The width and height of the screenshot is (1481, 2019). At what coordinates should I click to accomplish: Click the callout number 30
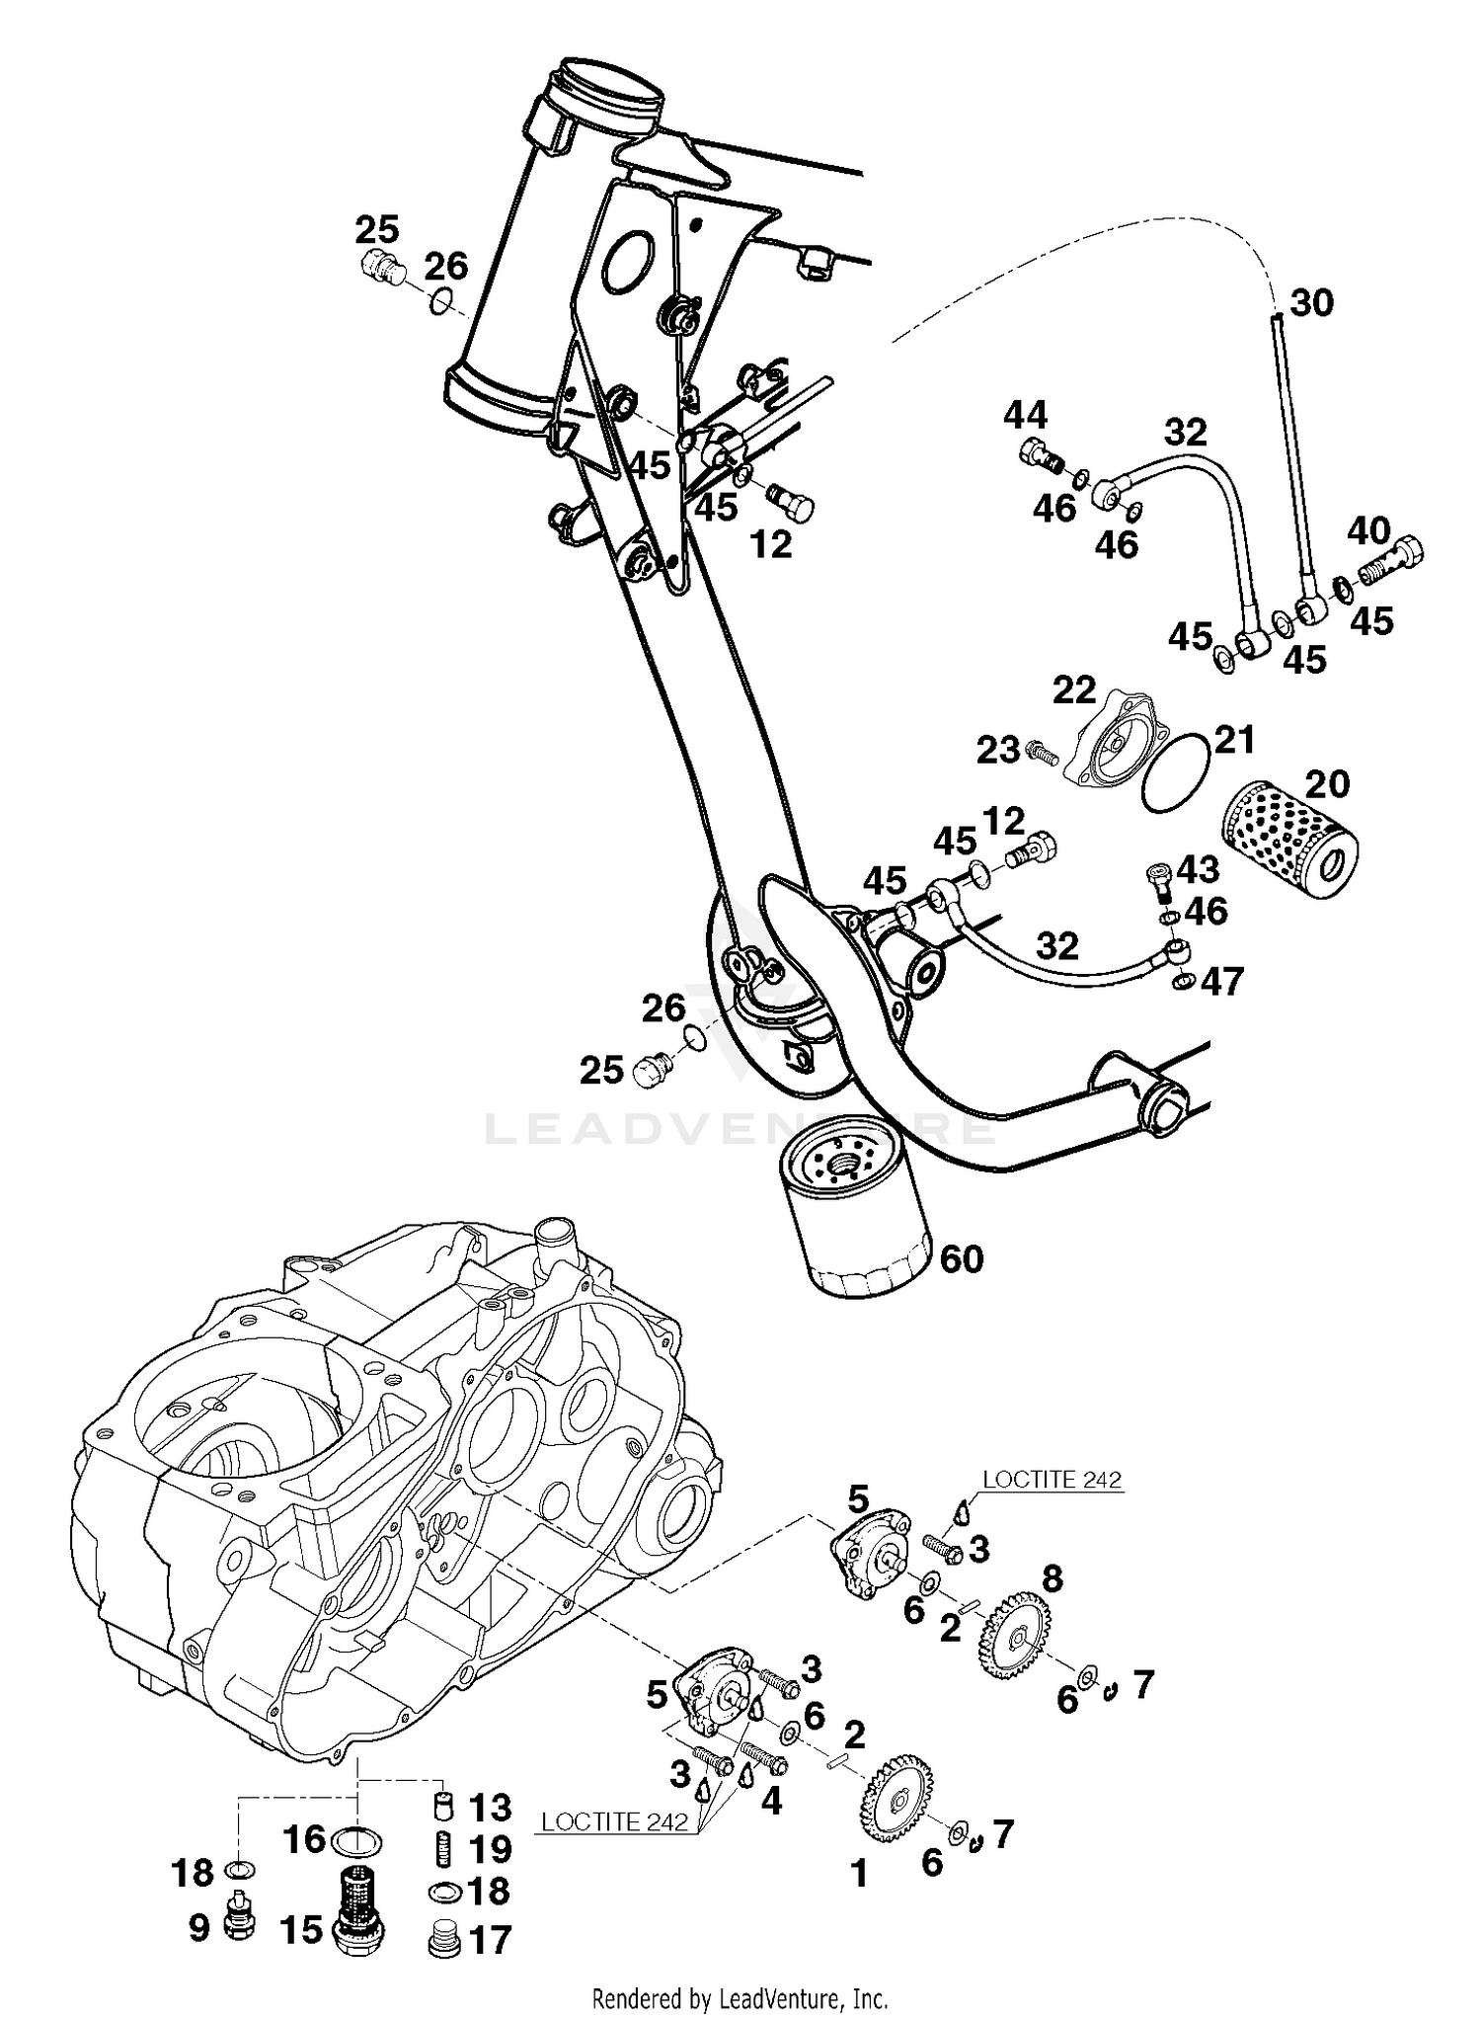[x=1311, y=302]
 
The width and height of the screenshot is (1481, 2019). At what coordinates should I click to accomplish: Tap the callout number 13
[x=490, y=1808]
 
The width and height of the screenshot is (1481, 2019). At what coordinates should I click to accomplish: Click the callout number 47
[x=1221, y=982]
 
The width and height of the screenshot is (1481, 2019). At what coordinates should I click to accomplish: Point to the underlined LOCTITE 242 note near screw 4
[x=614, y=1821]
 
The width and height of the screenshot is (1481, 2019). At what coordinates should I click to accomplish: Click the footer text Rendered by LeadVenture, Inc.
[x=740, y=1999]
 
